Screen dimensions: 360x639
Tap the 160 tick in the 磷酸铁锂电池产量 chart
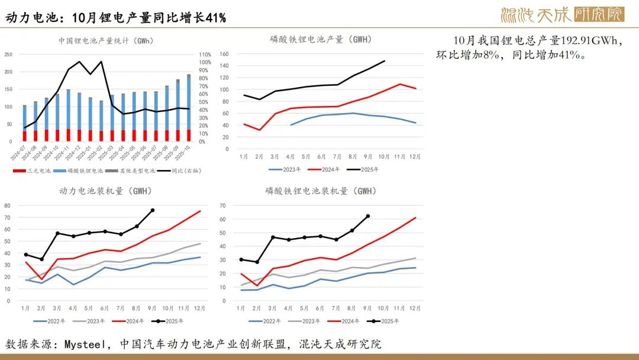pyautogui.click(x=224, y=54)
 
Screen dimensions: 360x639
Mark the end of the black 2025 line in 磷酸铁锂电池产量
pyautogui.click(x=385, y=60)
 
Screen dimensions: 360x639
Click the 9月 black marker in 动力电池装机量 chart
pyautogui.click(x=153, y=210)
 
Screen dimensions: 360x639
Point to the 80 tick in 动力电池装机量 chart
pyautogui.click(x=8, y=205)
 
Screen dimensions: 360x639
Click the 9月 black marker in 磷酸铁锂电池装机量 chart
pyautogui.click(x=368, y=216)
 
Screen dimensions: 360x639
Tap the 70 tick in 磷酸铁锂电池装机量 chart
pyautogui.click(x=224, y=205)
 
